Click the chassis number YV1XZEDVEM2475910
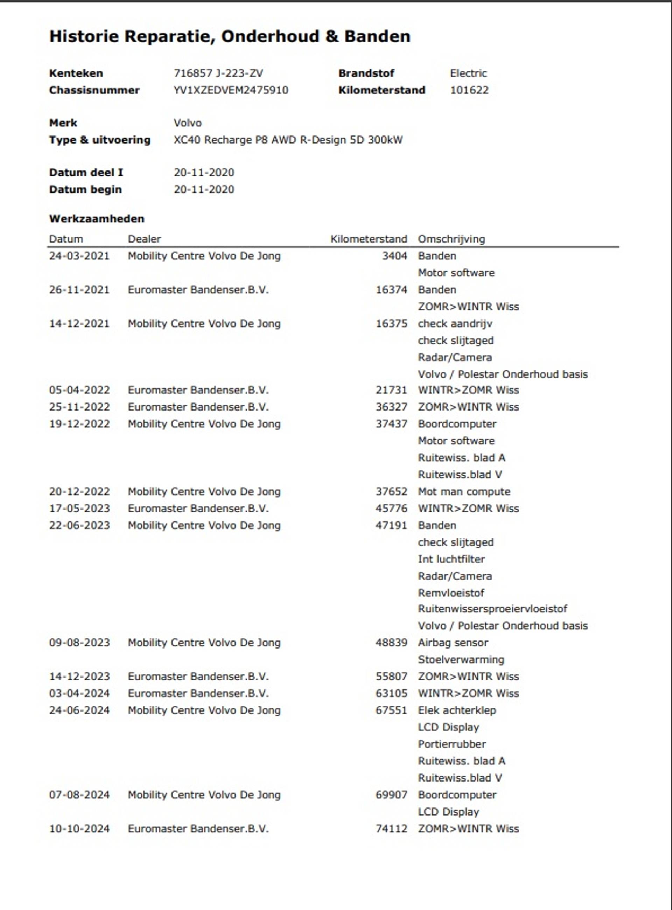[231, 90]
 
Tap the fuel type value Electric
[468, 73]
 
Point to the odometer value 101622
[469, 90]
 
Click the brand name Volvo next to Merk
[188, 123]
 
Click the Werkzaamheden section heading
[96, 218]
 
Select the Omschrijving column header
[451, 239]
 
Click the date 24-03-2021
[79, 256]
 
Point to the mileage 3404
[394, 256]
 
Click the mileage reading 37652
[391, 491]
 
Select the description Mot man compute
[464, 491]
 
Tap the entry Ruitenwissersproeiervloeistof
[492, 609]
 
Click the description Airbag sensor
[453, 642]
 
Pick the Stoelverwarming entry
[461, 659]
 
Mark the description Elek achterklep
[457, 710]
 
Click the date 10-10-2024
[79, 829]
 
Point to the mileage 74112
[391, 829]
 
